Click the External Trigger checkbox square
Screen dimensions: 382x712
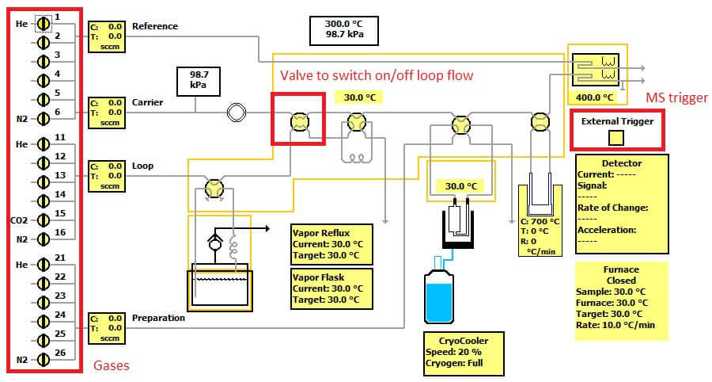[615, 137]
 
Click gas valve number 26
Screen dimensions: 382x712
[44, 359]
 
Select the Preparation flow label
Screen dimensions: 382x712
[158, 318]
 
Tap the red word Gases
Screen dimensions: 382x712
[112, 366]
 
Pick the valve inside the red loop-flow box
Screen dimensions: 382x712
[298, 121]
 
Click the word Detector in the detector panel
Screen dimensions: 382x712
[621, 163]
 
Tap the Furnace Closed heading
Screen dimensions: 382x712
[621, 275]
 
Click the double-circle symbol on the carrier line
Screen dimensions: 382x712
[235, 113]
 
